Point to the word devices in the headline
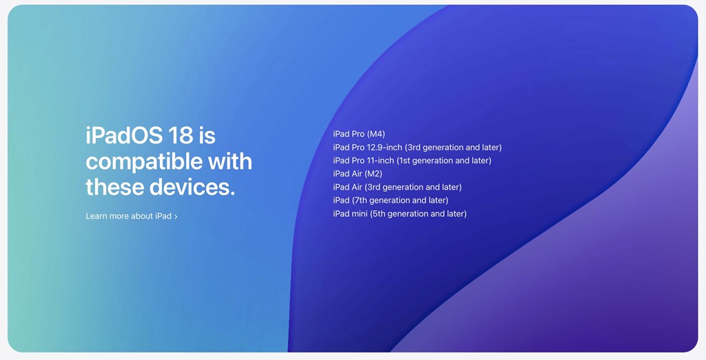(192, 187)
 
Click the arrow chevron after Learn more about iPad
(176, 217)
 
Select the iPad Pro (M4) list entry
(359, 134)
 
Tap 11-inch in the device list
(381, 161)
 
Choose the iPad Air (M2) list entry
(358, 174)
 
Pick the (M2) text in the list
(373, 174)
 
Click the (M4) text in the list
(376, 134)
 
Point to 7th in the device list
(361, 201)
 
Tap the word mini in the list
(359, 214)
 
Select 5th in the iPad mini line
(379, 214)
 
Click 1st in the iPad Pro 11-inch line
(405, 161)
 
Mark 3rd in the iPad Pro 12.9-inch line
(414, 148)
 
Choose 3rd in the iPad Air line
(374, 187)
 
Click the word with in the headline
(230, 161)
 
